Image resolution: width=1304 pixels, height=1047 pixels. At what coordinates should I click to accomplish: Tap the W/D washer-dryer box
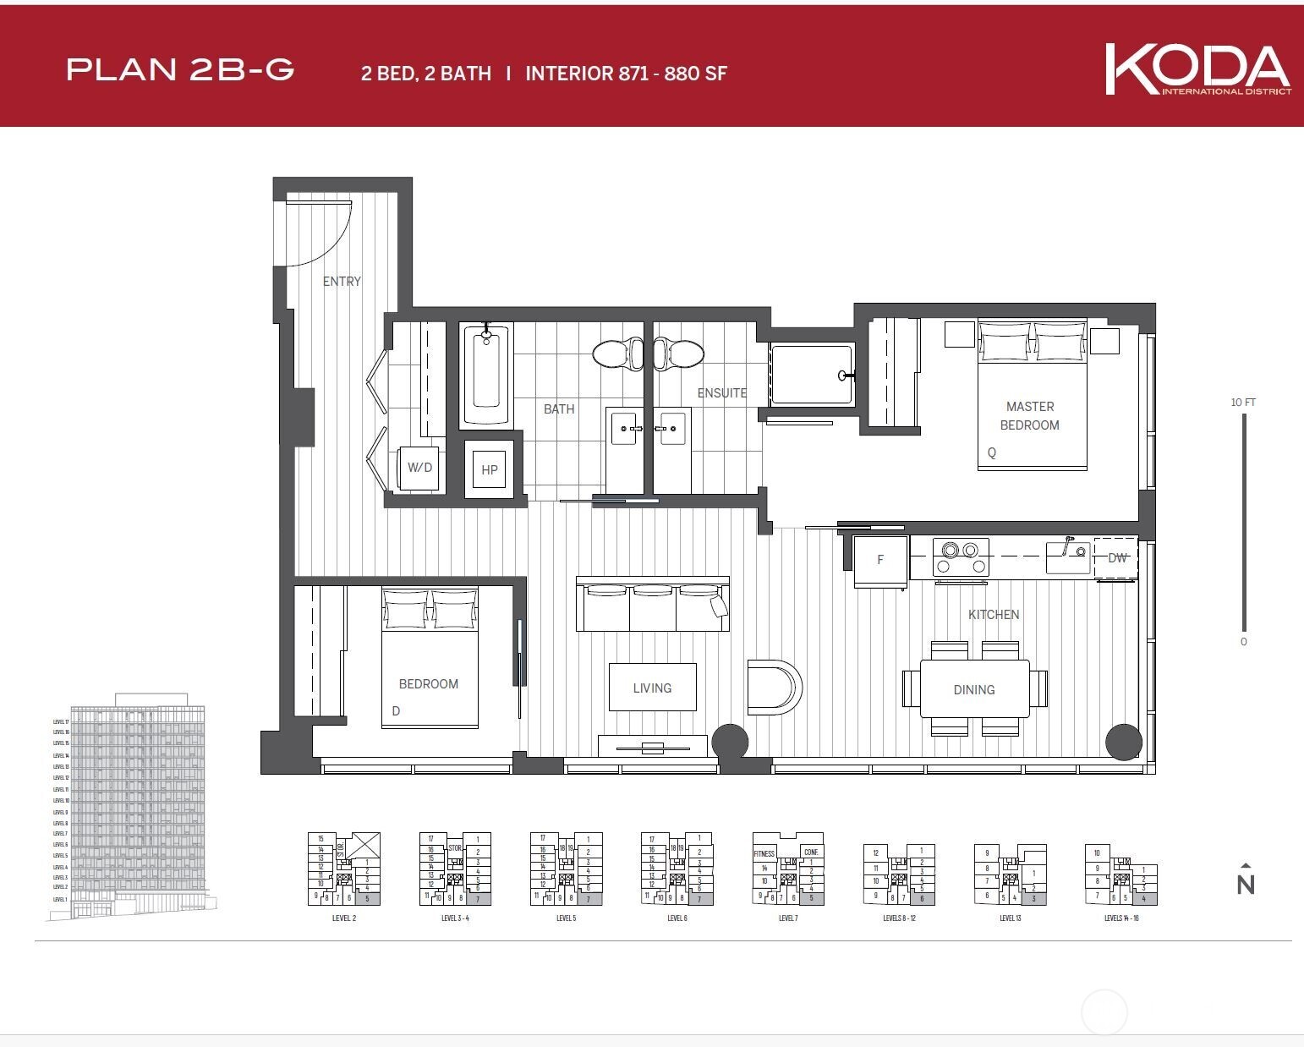(x=419, y=468)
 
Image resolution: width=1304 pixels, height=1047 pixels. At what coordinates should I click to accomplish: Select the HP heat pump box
(x=490, y=469)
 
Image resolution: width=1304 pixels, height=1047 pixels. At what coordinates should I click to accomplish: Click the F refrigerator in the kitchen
(x=880, y=560)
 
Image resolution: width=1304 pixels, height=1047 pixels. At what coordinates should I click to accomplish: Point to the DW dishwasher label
(x=1117, y=558)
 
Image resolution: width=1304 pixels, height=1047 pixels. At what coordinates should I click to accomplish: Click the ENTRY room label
(x=342, y=282)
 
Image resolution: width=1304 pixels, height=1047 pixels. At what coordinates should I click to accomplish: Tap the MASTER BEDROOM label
(x=1029, y=415)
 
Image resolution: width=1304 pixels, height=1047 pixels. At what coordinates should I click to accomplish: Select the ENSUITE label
(x=721, y=393)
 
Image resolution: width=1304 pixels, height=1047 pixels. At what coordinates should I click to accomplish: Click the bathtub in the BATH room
(x=486, y=375)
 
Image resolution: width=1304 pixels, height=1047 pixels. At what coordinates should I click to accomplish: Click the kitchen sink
(x=1067, y=556)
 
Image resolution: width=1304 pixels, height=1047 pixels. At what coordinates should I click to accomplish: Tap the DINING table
(x=974, y=689)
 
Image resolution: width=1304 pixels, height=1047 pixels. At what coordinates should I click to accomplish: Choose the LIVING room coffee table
(x=652, y=688)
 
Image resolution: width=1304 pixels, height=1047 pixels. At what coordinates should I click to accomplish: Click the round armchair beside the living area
(x=774, y=687)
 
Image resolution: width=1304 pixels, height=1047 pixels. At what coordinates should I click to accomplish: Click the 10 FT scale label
(x=1243, y=403)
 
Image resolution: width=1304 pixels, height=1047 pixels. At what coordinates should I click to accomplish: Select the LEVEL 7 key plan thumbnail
(x=788, y=871)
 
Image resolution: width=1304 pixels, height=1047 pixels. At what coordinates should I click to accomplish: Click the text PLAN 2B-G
(x=180, y=69)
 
